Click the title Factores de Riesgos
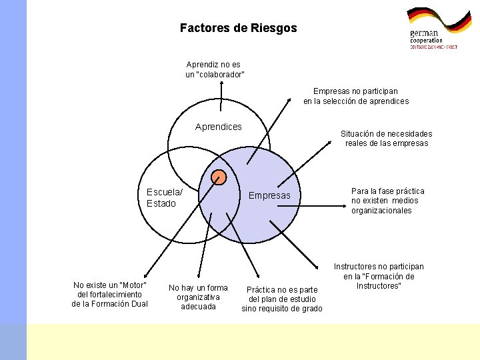(239, 29)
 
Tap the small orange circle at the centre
(218, 177)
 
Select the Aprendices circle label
(219, 127)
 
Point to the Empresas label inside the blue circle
(269, 195)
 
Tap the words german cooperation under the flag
(426, 37)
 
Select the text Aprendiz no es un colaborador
(214, 69)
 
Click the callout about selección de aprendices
(356, 96)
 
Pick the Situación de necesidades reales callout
(386, 138)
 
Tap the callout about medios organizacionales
(387, 201)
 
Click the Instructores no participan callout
(379, 276)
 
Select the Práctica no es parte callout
(282, 299)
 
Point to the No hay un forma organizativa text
(198, 297)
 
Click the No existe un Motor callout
(109, 294)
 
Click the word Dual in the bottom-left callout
(138, 304)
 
